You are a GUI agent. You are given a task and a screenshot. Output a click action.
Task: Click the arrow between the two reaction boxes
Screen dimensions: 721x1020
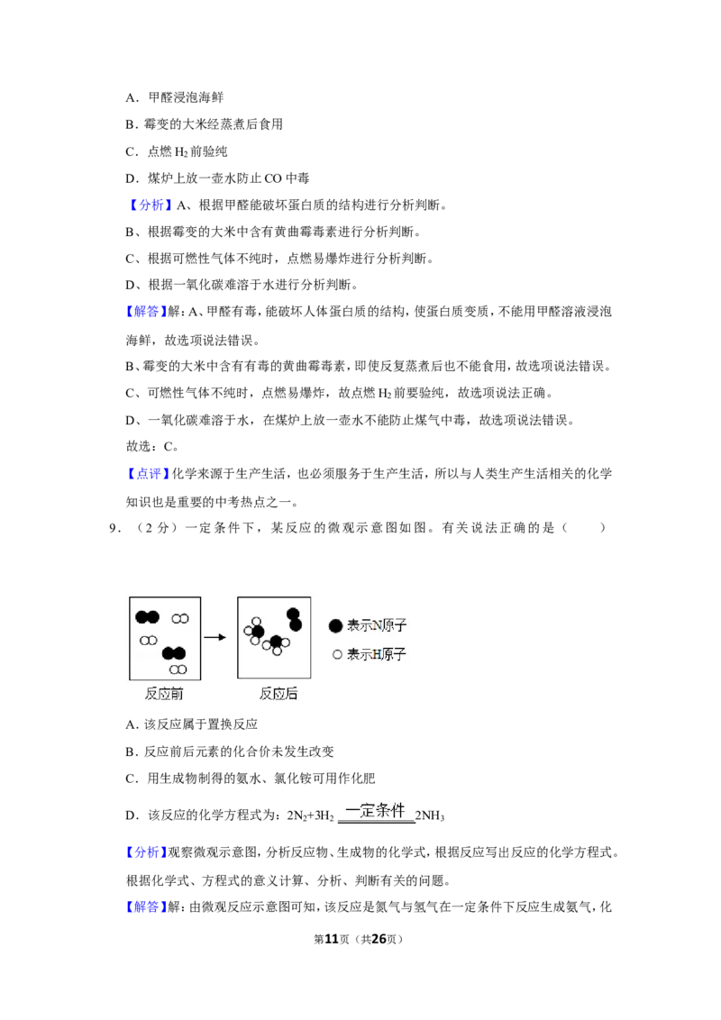pos(214,638)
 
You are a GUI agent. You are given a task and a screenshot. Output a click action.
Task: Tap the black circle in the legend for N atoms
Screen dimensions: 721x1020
pos(336,626)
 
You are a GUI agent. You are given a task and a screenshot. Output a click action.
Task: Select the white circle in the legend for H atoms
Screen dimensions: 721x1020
pos(337,654)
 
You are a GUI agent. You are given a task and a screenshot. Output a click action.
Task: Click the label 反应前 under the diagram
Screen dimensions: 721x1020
pos(164,694)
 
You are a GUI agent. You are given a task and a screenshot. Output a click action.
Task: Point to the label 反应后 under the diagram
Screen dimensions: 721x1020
pos(278,694)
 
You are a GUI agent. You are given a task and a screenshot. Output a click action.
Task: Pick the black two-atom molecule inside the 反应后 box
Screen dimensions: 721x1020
pos(294,620)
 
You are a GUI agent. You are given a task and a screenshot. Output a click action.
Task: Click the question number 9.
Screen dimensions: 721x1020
pos(114,528)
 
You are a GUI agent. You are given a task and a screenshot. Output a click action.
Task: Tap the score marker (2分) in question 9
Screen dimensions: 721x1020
pos(156,528)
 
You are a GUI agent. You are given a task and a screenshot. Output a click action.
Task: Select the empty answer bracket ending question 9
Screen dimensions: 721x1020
pos(584,528)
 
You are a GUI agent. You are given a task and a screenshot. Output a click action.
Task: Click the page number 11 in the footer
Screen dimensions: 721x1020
pos(332,939)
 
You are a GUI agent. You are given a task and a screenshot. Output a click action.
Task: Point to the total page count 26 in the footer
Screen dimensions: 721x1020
pos(379,939)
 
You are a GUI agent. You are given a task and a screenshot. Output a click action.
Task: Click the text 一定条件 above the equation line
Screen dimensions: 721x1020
pos(376,811)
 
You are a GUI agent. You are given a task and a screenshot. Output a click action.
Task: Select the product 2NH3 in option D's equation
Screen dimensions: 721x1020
pos(430,815)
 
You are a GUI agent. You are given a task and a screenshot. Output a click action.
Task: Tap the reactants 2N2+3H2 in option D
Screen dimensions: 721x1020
pos(310,815)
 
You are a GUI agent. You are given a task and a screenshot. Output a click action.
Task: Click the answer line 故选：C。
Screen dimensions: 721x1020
pos(152,447)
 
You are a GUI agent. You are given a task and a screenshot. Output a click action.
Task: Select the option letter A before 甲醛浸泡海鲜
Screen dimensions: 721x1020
pos(132,98)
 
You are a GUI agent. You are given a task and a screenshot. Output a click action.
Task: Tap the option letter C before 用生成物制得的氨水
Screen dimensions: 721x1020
pos(132,779)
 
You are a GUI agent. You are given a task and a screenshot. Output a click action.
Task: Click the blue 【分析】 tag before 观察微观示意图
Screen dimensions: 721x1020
pos(146,852)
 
